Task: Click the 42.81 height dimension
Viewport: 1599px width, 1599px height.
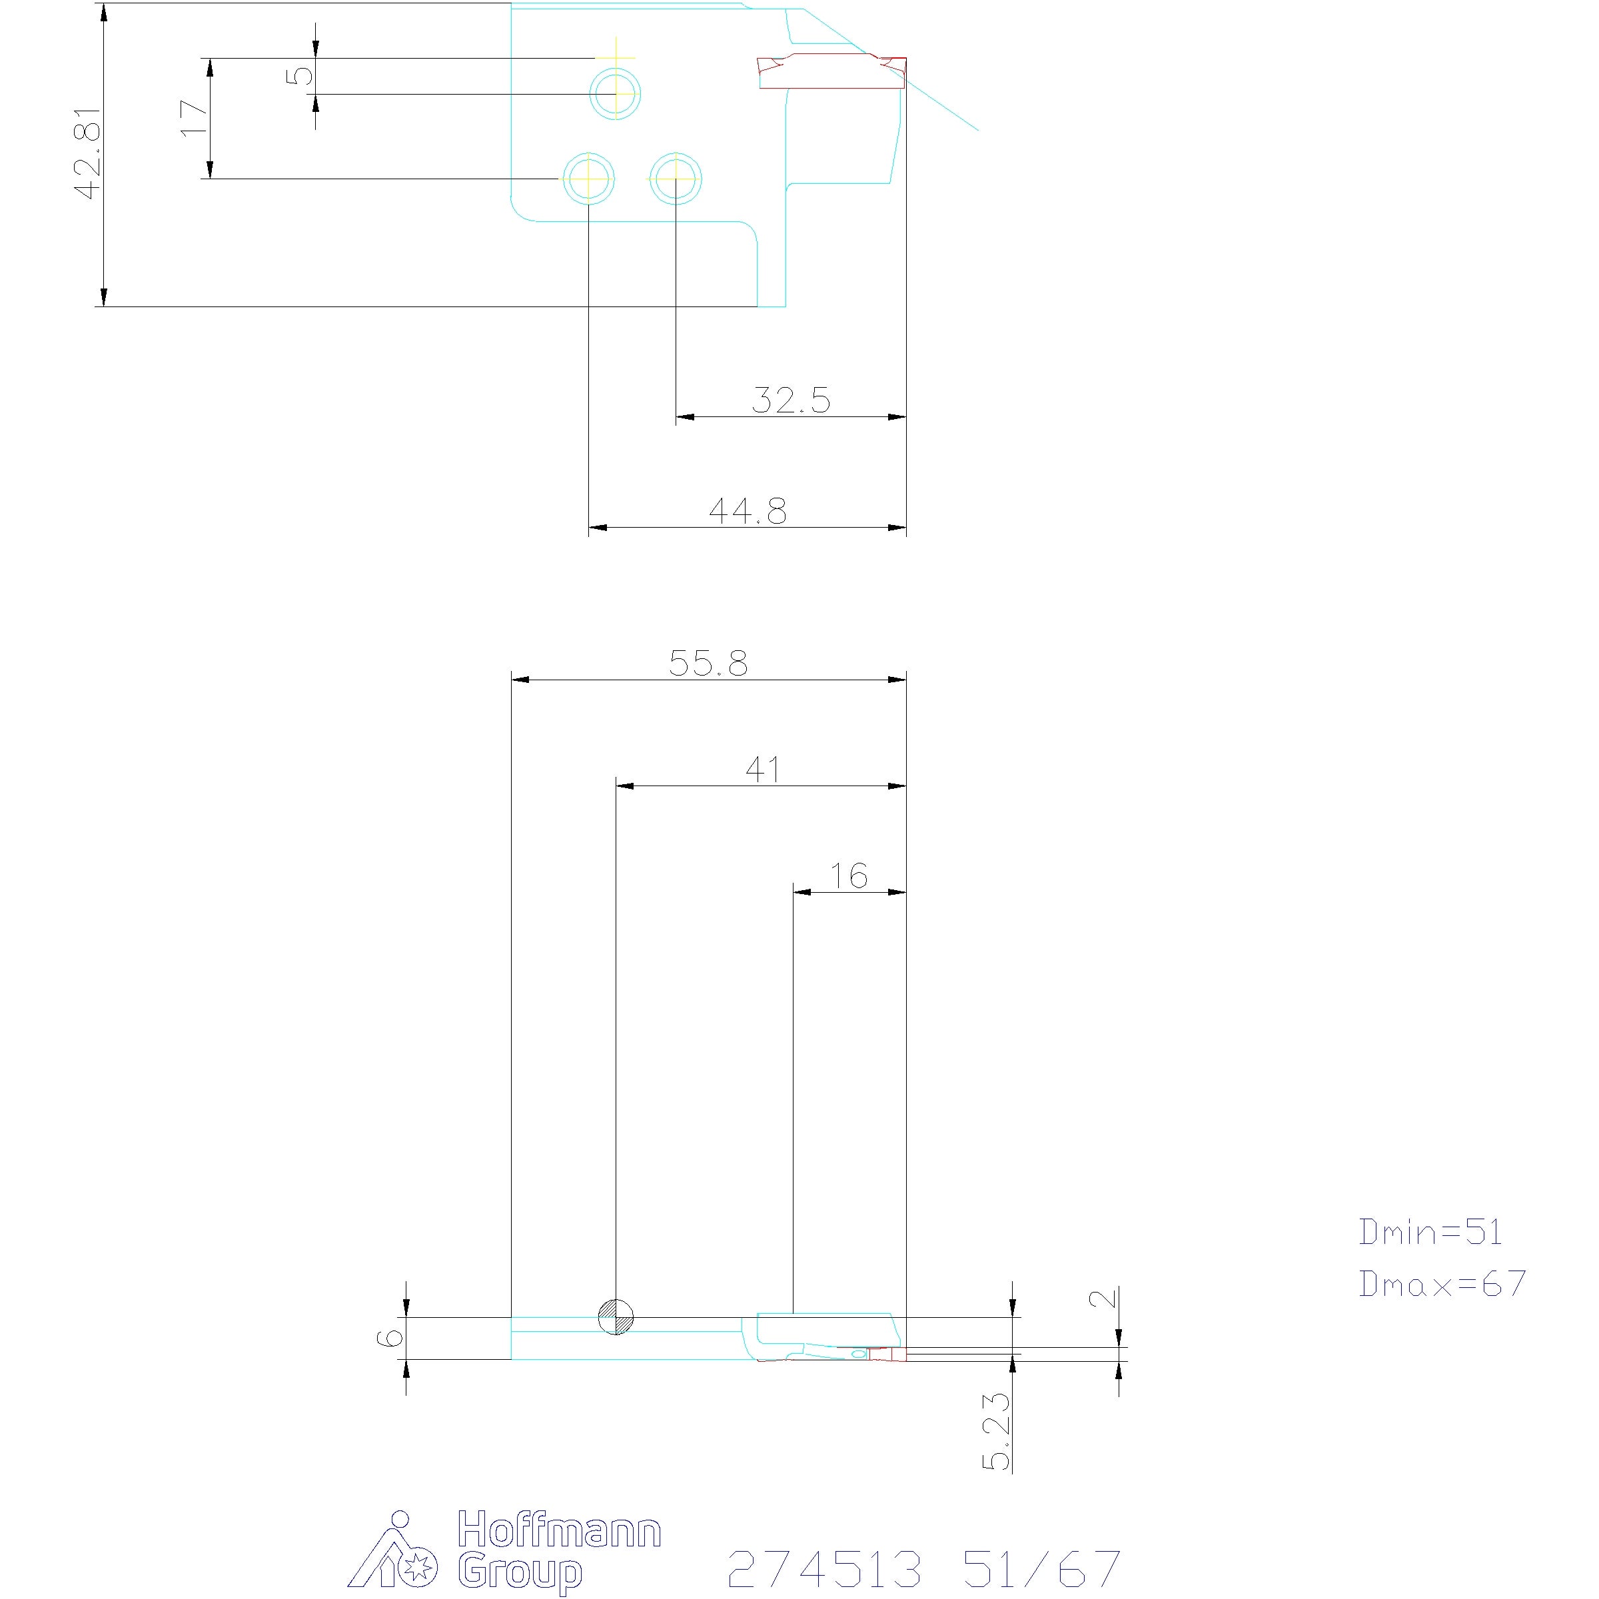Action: [88, 153]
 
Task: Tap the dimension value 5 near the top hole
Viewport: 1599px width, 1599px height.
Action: [300, 75]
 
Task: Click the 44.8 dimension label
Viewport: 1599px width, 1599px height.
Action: [748, 510]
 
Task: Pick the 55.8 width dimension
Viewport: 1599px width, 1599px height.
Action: [708, 663]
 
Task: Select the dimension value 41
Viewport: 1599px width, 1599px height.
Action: [763, 770]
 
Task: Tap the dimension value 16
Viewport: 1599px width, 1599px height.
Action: [849, 875]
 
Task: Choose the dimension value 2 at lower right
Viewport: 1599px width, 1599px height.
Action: [1103, 1298]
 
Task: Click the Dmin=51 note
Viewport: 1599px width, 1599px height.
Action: [1430, 1233]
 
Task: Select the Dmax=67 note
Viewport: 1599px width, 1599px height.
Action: [1442, 1284]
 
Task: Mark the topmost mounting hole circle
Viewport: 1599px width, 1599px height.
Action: [616, 93]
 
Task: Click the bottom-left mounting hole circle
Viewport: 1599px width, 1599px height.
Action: [588, 179]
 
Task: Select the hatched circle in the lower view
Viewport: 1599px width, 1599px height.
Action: [616, 1316]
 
